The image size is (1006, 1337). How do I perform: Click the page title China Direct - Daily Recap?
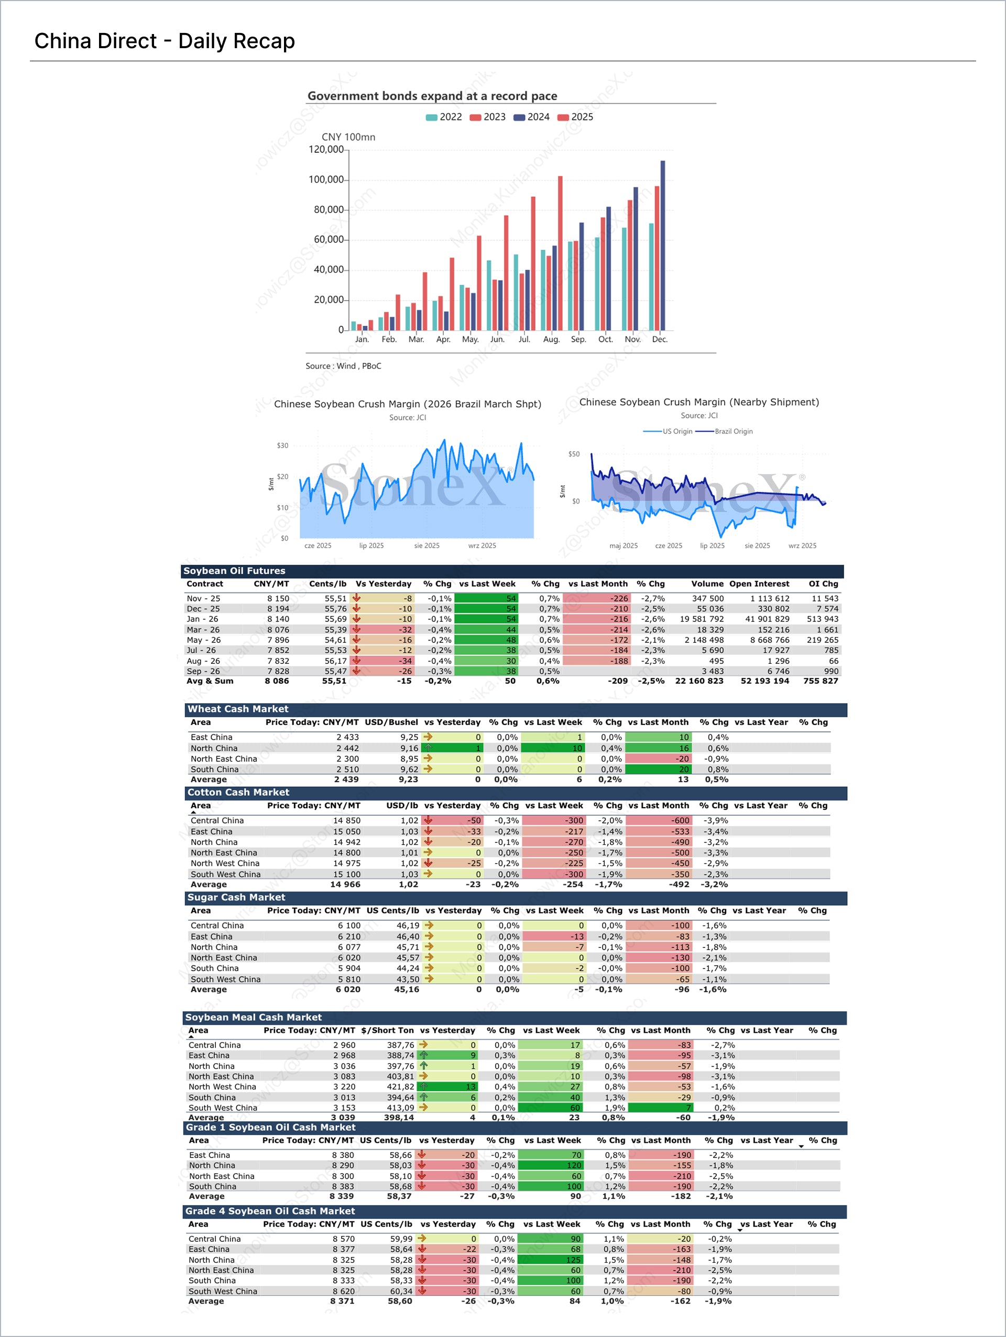pos(165,41)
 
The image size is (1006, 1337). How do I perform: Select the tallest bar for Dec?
pos(662,245)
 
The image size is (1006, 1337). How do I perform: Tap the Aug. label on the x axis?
pos(551,340)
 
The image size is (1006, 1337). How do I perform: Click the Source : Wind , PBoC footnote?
pos(343,366)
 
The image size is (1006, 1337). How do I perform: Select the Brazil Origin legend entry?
pos(725,431)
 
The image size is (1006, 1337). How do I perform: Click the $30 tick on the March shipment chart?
pos(282,445)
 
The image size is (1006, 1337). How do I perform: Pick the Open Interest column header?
pos(759,584)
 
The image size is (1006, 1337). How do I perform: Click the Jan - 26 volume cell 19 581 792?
pos(701,619)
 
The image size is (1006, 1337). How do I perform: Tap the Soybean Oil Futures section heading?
pos(234,571)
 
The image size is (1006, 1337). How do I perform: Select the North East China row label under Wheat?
pos(223,759)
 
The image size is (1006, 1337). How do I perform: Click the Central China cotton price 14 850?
pos(347,820)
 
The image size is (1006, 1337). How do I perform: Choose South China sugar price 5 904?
pos(348,968)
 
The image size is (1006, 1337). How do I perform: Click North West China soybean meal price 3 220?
pos(344,1087)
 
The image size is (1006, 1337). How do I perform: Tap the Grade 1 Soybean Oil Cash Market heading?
pos(270,1127)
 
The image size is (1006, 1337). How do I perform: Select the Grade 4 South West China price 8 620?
pos(343,1291)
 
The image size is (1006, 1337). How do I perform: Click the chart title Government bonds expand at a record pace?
pos(432,95)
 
